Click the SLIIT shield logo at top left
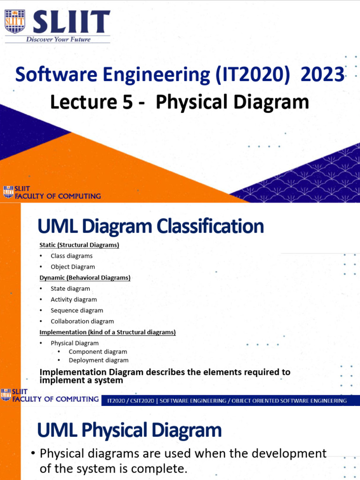coord(15,22)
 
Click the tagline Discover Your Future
coord(59,39)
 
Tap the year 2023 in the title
coord(323,75)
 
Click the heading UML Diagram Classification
coord(150,227)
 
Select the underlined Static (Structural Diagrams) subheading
coord(79,245)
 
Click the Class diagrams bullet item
coord(71,256)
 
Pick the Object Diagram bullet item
coord(73,267)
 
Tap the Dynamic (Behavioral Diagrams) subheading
coord(85,277)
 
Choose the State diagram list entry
coord(70,289)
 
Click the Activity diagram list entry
coord(74,300)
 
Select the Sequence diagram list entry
coord(77,310)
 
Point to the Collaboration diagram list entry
coord(82,321)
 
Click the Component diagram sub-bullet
coord(97,352)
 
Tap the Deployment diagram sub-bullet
coord(98,360)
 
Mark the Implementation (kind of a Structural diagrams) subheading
coord(107,332)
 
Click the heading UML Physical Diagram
coord(129,430)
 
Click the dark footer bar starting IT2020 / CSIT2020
coord(227,401)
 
